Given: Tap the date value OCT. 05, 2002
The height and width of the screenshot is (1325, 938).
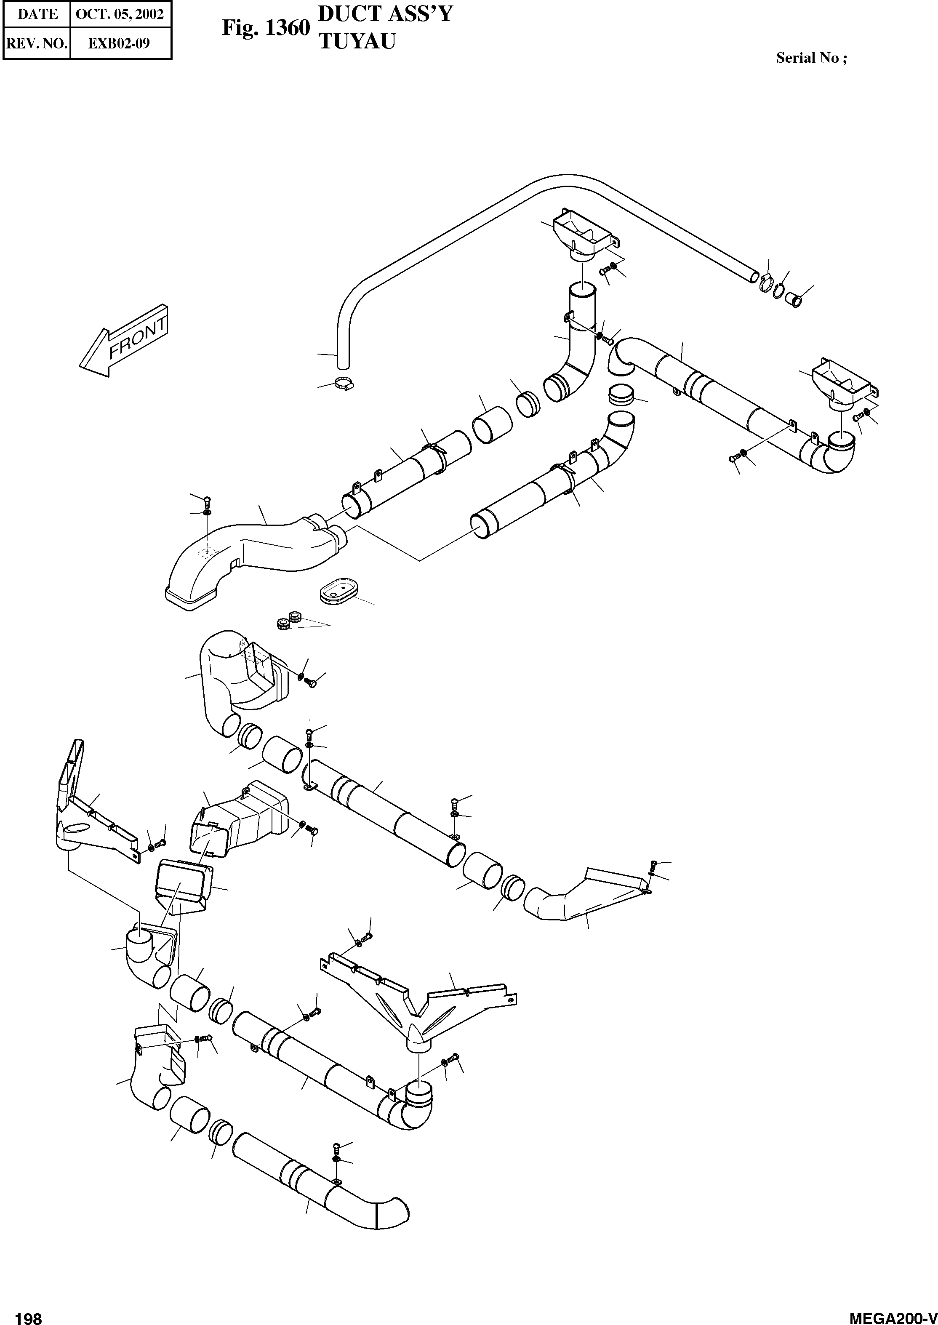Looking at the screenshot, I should (120, 14).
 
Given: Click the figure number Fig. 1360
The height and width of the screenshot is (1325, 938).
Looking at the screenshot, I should (266, 28).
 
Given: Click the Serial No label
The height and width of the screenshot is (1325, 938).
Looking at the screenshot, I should (811, 58).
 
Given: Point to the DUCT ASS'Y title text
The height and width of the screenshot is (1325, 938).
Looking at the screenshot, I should (385, 14).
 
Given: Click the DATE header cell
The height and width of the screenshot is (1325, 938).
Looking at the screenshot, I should (37, 14).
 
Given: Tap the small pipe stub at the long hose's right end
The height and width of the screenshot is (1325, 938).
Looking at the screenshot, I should (797, 300).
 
